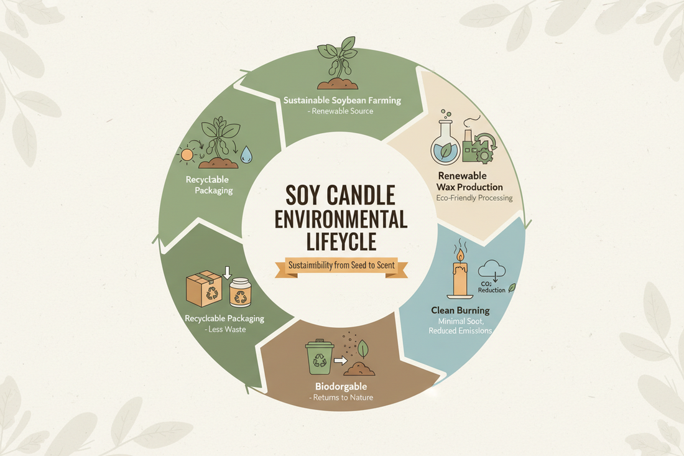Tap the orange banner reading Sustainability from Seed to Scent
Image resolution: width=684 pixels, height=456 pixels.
[341, 266]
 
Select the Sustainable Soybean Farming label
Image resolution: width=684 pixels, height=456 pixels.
[342, 100]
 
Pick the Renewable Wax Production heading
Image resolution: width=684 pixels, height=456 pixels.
[469, 182]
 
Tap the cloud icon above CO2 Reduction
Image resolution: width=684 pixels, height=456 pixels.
[492, 269]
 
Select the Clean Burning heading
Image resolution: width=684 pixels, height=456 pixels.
[460, 310]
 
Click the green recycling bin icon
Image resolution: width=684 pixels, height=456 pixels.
[320, 357]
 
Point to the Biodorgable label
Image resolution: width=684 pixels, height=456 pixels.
[341, 386]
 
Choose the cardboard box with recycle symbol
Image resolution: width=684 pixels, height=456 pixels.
[204, 289]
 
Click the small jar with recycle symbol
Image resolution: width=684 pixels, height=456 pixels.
[240, 292]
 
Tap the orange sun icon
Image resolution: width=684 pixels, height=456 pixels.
[187, 155]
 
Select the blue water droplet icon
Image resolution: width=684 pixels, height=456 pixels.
[246, 154]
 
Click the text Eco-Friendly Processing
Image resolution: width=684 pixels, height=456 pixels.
[474, 198]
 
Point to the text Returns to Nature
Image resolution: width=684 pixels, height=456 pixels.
[343, 398]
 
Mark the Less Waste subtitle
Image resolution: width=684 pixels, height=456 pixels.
[224, 330]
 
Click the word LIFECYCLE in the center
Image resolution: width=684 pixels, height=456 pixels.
[341, 241]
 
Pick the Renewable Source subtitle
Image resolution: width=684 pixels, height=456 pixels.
[340, 111]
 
